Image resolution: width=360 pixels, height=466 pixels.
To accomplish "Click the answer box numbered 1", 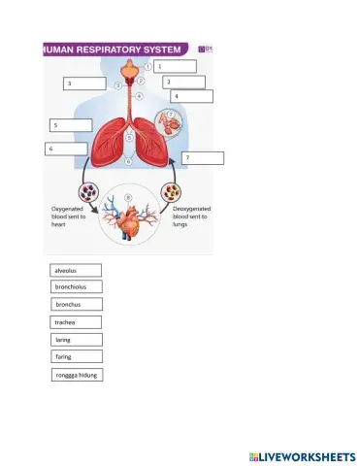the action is [x=175, y=66].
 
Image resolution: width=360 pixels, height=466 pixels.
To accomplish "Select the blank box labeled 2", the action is [x=183, y=83].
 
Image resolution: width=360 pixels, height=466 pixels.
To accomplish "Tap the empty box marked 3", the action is [x=84, y=84].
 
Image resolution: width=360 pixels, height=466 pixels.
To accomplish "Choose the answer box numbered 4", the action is [x=191, y=96].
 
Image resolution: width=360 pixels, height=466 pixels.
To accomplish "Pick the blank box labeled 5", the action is [x=72, y=125].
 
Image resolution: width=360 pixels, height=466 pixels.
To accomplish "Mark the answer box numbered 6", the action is [x=66, y=149].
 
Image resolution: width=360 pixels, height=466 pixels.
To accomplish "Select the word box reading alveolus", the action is [x=75, y=270].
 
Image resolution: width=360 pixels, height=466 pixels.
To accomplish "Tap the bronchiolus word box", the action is [x=75, y=287].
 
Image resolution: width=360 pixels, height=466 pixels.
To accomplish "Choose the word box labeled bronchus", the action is [x=75, y=305].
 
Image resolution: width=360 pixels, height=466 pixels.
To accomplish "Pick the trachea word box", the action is [x=75, y=322].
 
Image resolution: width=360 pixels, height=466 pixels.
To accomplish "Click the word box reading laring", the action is [x=75, y=340].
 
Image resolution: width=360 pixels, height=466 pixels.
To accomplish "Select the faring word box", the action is [x=75, y=356].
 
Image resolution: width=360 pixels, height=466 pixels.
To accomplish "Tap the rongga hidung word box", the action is [x=75, y=374].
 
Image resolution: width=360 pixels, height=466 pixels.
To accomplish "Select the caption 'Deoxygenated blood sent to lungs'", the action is [x=188, y=216].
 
